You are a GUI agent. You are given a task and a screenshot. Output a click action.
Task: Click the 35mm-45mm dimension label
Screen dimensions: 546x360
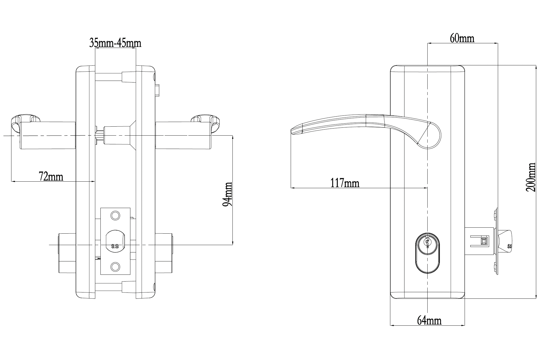(115, 43)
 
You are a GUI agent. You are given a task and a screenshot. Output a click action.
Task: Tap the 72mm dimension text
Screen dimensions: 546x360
(51, 176)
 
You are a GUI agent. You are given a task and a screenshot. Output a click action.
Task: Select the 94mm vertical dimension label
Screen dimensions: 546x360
(228, 194)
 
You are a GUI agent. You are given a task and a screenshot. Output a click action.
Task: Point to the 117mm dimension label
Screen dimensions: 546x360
(345, 183)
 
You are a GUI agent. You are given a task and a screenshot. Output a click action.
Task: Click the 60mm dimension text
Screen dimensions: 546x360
(462, 38)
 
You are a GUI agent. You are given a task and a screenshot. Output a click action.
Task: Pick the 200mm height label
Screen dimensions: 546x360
(531, 177)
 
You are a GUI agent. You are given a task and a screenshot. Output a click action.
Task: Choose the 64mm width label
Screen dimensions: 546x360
(429, 321)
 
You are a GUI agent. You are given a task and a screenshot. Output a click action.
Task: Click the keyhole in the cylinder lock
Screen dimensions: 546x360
(428, 242)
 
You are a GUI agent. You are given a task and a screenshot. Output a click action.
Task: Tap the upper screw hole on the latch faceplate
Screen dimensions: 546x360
(115, 215)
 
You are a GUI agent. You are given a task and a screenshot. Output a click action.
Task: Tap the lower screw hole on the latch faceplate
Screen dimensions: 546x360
(115, 266)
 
